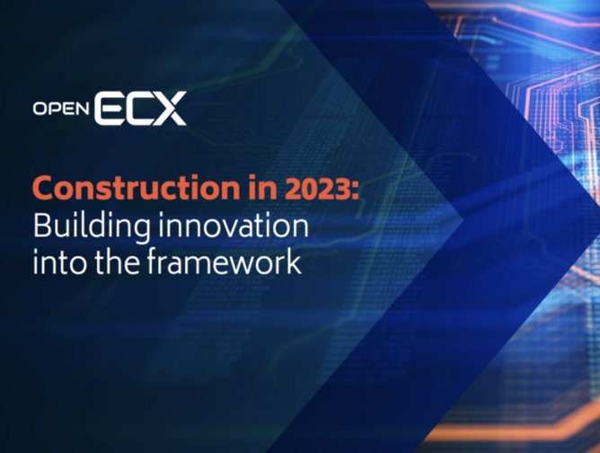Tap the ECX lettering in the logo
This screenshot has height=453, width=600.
pyautogui.click(x=139, y=108)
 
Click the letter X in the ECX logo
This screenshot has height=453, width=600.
pyautogui.click(x=168, y=108)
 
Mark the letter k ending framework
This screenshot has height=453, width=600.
pyautogui.click(x=293, y=263)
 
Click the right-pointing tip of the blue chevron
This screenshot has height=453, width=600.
pyautogui.click(x=463, y=216)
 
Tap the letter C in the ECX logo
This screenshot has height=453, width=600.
pyautogui.click(x=137, y=108)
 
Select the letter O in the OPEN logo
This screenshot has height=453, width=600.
pyautogui.click(x=40, y=110)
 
